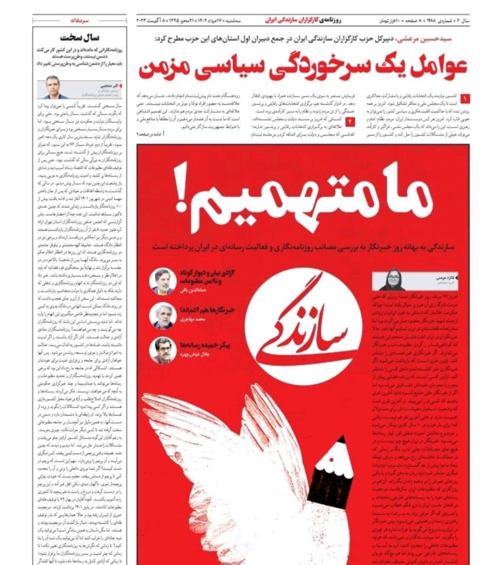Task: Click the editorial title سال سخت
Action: [x=79, y=37]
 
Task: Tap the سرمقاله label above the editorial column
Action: [x=80, y=21]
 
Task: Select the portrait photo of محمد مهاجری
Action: [x=163, y=316]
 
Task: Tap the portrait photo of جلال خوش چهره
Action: [x=163, y=350]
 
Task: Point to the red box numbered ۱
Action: [x=465, y=98]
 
